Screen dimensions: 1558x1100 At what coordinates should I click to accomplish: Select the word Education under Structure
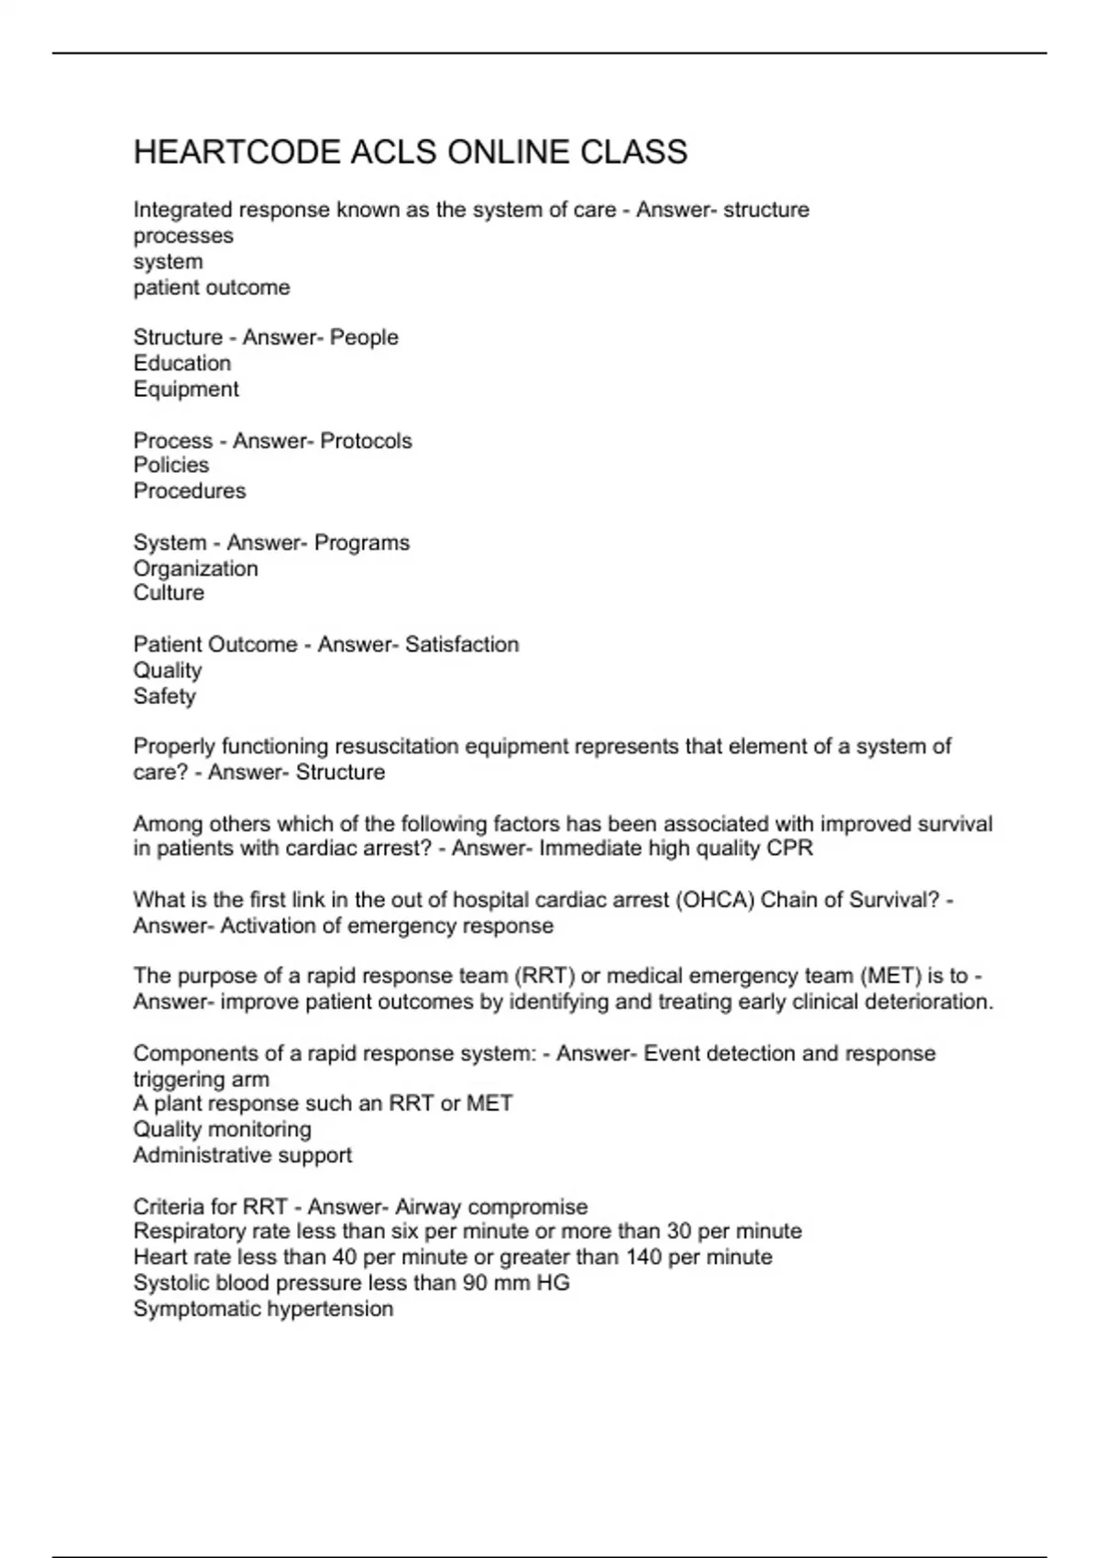181,363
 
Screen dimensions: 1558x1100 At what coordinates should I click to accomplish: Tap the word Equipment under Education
186,389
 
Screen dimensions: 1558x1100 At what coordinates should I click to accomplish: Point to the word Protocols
366,441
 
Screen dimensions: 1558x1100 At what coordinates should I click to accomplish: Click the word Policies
171,465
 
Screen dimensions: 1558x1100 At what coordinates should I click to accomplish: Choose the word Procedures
190,490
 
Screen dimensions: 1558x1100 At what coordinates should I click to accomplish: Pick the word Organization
195,568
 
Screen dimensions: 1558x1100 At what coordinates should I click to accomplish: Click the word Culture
169,592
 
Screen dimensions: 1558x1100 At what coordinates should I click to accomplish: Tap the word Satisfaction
462,644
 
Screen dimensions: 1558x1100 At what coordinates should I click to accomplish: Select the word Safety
165,696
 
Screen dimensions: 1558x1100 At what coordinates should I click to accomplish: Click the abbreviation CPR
791,848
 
